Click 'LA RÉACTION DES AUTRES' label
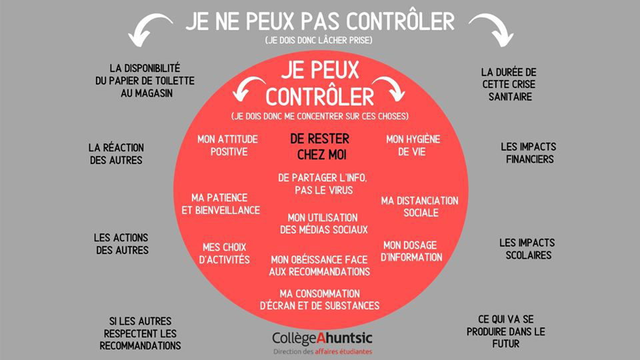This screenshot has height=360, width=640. pyautogui.click(x=117, y=153)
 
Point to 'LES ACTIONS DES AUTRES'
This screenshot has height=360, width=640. pyautogui.click(x=121, y=243)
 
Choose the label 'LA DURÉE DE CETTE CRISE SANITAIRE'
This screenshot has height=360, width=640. pyautogui.click(x=508, y=84)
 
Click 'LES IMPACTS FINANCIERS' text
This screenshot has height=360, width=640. pyautogui.click(x=529, y=153)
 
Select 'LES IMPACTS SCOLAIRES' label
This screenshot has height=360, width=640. pyautogui.click(x=527, y=249)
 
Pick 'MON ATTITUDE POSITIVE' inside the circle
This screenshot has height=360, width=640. pyautogui.click(x=223, y=145)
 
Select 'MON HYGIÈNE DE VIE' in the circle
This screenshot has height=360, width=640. pyautogui.click(x=413, y=145)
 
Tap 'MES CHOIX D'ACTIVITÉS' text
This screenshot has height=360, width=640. pyautogui.click(x=225, y=253)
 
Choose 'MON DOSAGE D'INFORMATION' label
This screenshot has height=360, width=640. pyautogui.click(x=411, y=251)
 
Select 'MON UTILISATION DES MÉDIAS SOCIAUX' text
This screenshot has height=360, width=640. pyautogui.click(x=323, y=223)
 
